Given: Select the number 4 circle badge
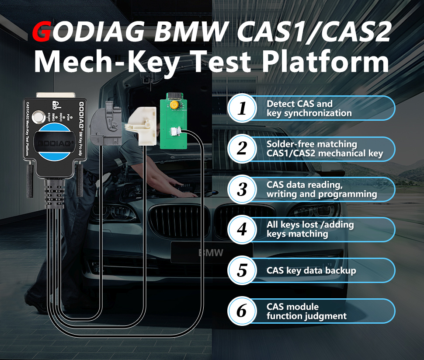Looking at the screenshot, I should (x=242, y=230).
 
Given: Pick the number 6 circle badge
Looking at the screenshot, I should (x=242, y=311).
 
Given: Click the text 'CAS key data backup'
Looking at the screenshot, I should (x=311, y=270).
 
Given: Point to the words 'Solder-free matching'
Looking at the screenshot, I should (x=312, y=144).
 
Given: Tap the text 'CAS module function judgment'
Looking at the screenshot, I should (x=306, y=311).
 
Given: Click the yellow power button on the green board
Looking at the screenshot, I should (x=174, y=105).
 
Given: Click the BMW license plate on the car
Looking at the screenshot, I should (x=212, y=253).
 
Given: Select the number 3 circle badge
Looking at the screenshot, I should (x=242, y=189).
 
